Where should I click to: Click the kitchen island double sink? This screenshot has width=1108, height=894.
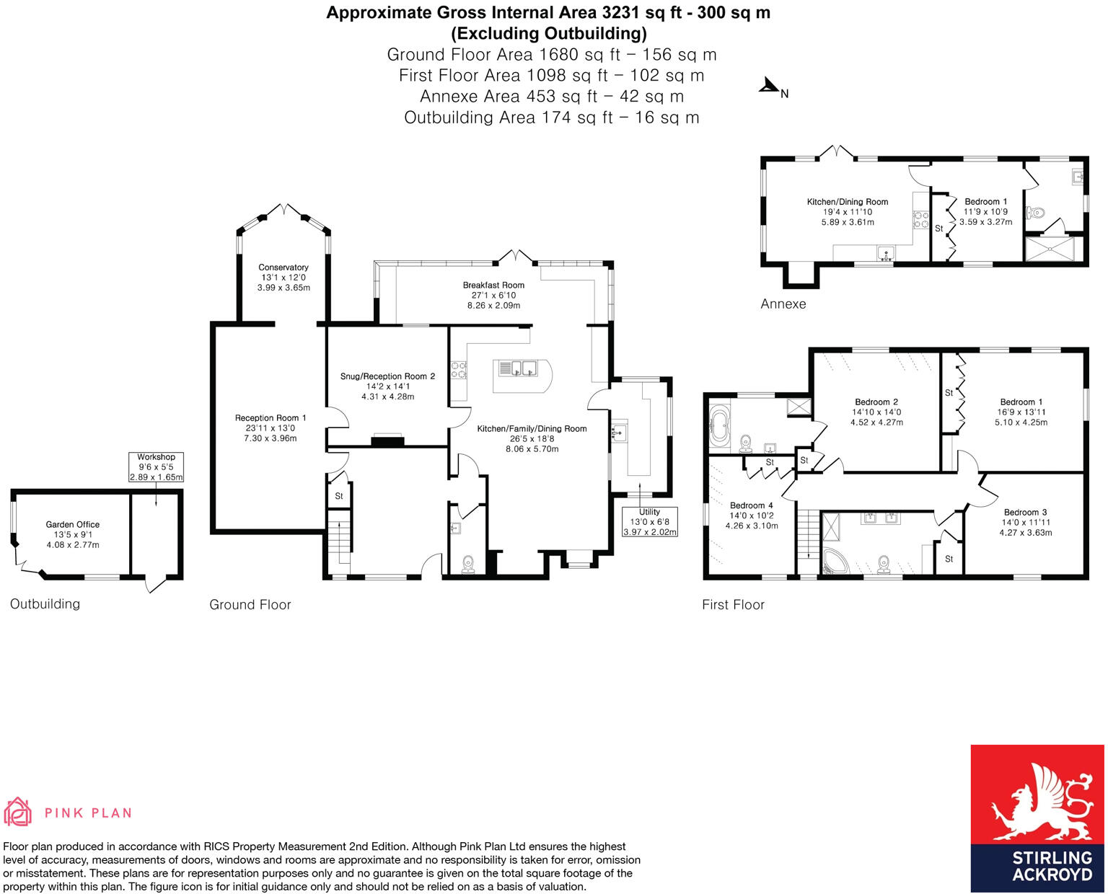point(518,368)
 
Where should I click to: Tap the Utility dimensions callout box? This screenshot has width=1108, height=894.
point(649,522)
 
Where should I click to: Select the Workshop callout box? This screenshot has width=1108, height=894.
point(156,466)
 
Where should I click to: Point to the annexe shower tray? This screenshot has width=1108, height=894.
point(1054,249)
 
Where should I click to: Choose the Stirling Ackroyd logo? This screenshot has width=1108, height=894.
point(1037,818)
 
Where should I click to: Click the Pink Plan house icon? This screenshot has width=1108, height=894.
point(18,812)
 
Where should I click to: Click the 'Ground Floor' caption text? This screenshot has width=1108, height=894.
point(250,605)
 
